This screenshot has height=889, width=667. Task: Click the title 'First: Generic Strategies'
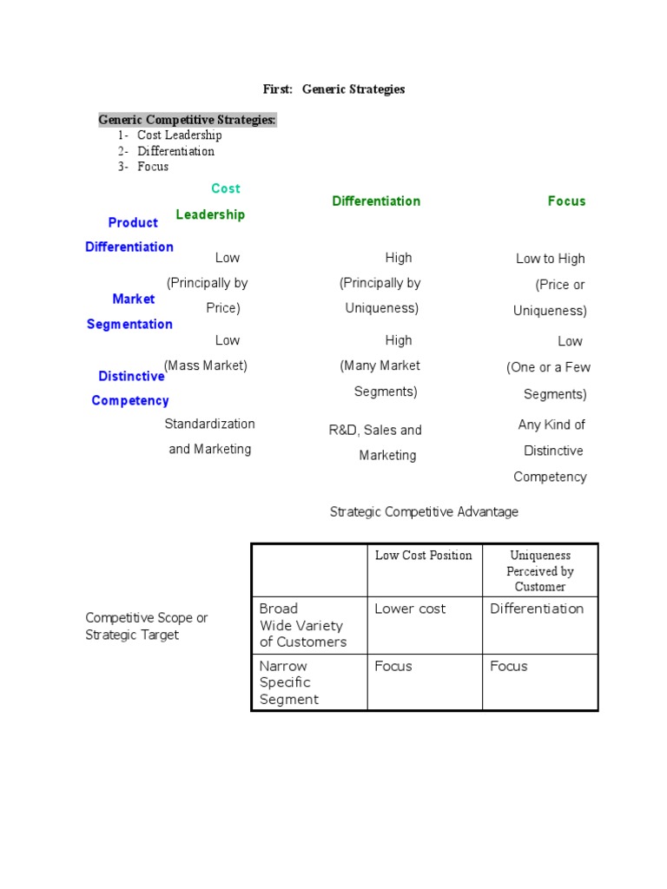click(x=333, y=89)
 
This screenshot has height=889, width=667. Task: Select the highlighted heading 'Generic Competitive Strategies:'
click(x=187, y=120)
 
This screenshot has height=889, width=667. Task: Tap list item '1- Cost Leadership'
click(x=170, y=135)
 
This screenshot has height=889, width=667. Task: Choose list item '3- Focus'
click(x=144, y=167)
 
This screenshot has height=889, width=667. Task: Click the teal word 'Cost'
click(x=226, y=188)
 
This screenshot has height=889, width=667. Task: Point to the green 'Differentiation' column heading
click(x=376, y=201)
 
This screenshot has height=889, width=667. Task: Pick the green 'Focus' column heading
click(x=566, y=201)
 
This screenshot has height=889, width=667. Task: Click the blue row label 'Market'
click(x=134, y=300)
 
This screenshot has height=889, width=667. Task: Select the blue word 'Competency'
click(x=130, y=401)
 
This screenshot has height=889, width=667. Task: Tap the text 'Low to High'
click(x=551, y=259)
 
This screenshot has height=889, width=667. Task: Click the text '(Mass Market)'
click(x=206, y=365)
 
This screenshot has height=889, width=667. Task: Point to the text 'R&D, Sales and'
click(x=375, y=430)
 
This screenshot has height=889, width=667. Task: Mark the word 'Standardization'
click(x=210, y=424)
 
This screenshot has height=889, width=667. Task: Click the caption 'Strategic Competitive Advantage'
click(x=424, y=512)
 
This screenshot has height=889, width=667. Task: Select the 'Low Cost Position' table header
click(x=424, y=556)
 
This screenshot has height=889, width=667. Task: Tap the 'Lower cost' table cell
click(x=410, y=609)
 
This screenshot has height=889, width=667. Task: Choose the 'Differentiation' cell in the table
click(x=537, y=609)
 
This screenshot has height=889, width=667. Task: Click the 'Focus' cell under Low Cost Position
click(x=393, y=666)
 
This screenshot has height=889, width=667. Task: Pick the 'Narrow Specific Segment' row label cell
click(x=289, y=682)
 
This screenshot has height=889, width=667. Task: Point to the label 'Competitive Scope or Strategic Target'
click(x=147, y=626)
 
